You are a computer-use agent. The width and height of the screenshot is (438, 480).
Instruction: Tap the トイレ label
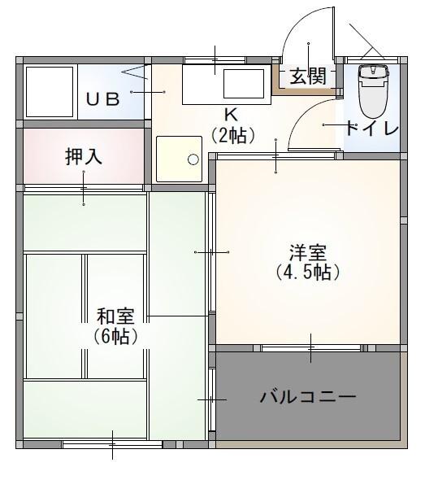pyautogui.click(x=371, y=129)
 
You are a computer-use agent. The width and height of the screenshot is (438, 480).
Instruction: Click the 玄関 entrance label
pyautogui.click(x=308, y=76)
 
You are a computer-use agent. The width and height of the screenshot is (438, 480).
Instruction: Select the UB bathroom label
pyautogui.click(x=103, y=99)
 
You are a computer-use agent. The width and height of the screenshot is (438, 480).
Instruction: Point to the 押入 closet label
pyautogui.click(x=84, y=157)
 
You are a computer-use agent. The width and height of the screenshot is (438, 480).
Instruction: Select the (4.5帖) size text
pyautogui.click(x=308, y=273)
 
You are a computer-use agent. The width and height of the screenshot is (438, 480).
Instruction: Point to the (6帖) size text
pyautogui.click(x=115, y=335)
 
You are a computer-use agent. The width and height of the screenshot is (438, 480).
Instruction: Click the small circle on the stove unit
pyautogui.click(x=193, y=159)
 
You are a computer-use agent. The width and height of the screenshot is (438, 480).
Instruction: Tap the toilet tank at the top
pyautogui.click(x=374, y=72)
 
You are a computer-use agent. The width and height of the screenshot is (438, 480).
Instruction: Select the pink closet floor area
pyautogui.click(x=49, y=171)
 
